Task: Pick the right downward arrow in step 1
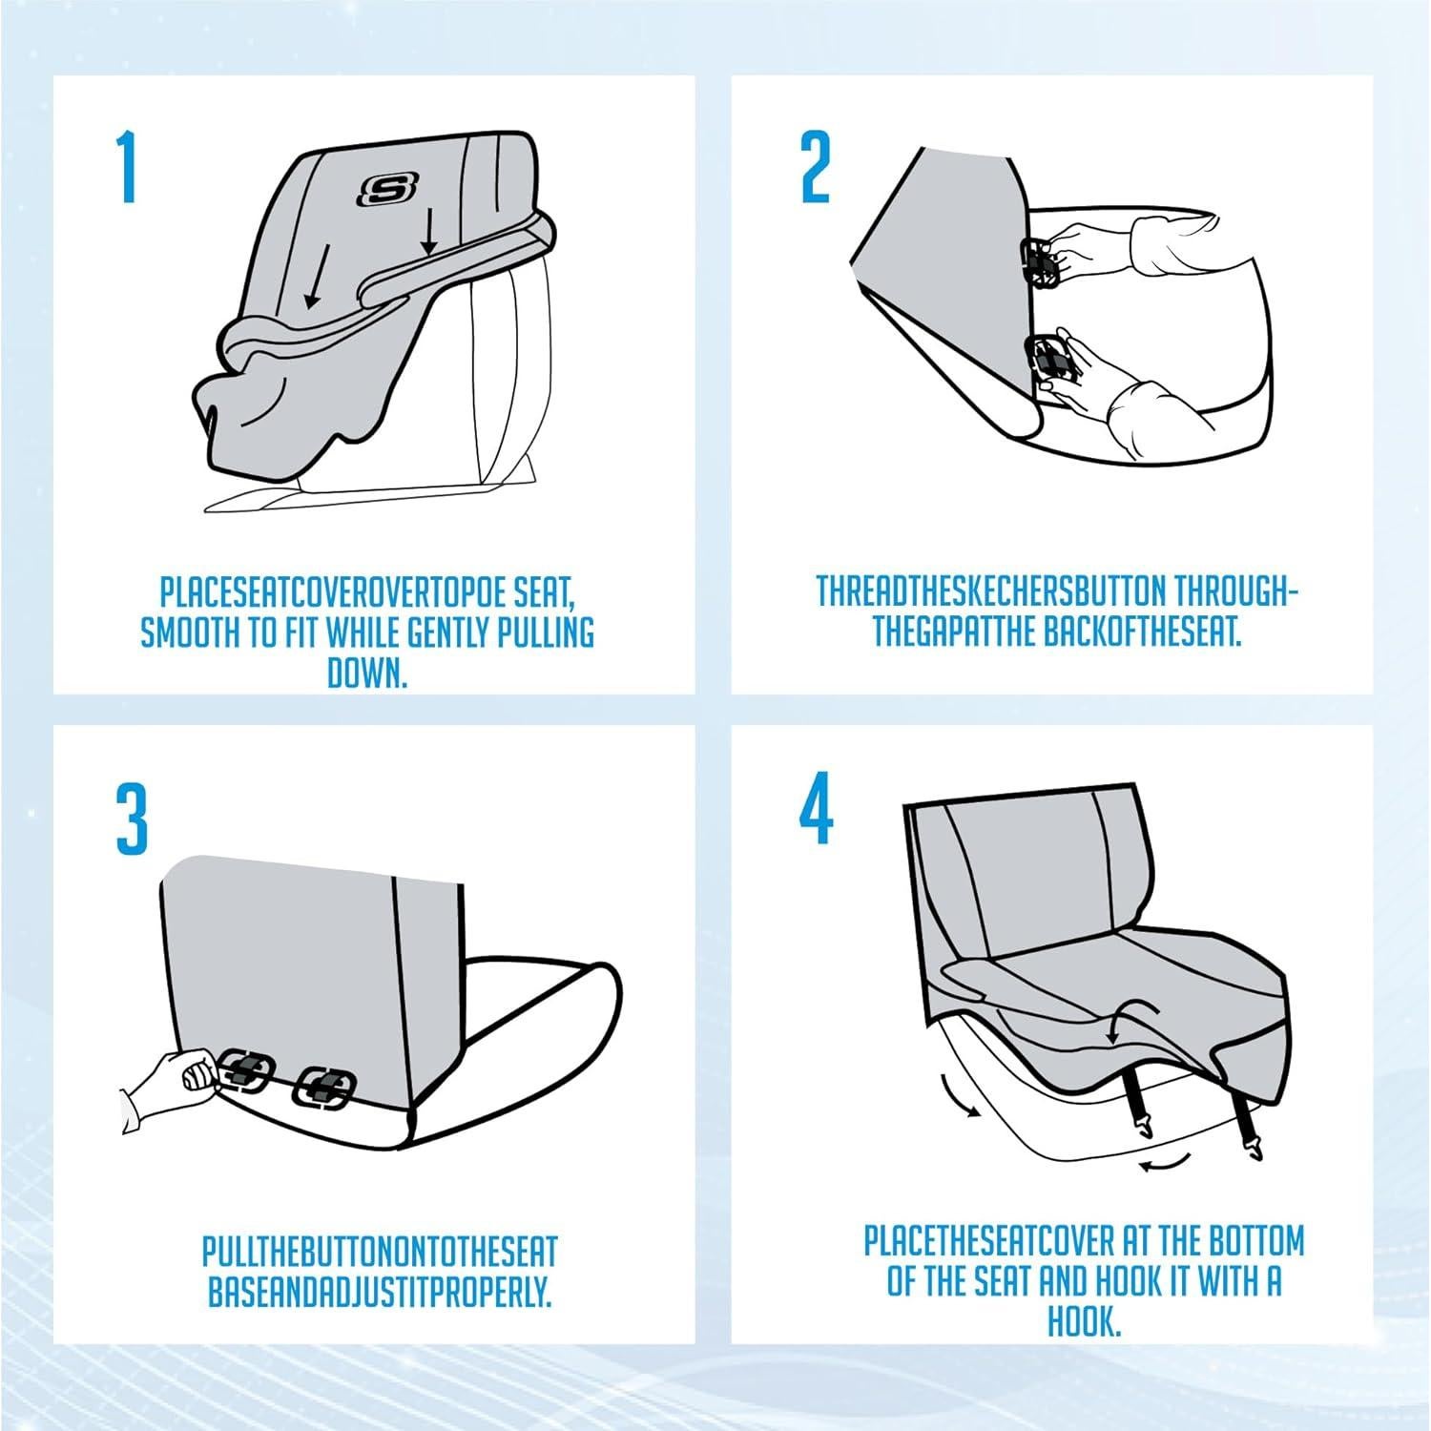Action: coord(428,234)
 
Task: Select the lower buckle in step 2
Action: coord(1047,360)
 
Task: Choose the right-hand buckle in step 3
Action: coord(325,1087)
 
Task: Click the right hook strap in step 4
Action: coord(1244,1126)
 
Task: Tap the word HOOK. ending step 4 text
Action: coord(1084,1323)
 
